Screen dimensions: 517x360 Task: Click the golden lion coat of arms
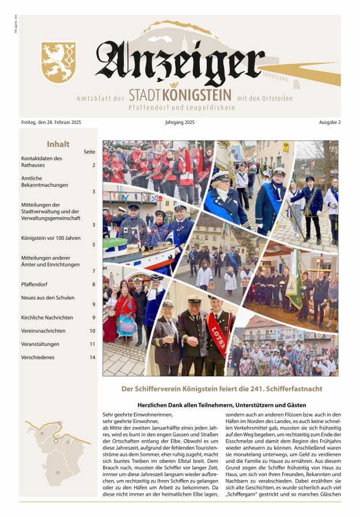coord(59,62)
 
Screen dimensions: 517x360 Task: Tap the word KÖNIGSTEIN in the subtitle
coord(197,96)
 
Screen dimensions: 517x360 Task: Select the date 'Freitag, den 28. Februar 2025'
coord(51,123)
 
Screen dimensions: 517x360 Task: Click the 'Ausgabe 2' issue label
coord(329,123)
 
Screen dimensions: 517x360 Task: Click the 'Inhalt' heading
coord(58,145)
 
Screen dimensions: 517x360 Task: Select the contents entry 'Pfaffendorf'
coord(36,284)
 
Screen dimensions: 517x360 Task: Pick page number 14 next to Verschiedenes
coord(92,357)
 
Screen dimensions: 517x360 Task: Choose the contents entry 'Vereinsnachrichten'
coord(43,331)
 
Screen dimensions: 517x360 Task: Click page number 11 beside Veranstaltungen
coord(92,344)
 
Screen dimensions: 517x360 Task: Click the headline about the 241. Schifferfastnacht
coord(221,389)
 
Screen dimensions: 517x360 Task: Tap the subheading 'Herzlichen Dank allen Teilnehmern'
coord(221,405)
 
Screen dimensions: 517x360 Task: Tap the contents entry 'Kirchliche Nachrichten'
coord(47,318)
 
